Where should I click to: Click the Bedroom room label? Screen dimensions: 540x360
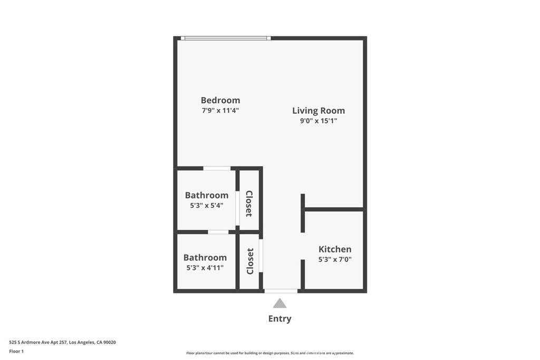click(220, 100)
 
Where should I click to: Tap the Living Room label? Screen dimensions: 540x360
click(319, 111)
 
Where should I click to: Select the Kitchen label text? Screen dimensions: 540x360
click(335, 249)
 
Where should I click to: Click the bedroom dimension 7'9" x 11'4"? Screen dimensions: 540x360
click(220, 111)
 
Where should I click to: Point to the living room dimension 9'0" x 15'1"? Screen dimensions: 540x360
click(319, 121)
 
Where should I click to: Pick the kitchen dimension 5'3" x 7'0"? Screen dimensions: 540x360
click(335, 259)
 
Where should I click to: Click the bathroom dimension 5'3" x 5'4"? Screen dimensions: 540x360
click(207, 206)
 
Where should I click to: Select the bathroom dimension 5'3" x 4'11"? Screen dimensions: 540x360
click(205, 268)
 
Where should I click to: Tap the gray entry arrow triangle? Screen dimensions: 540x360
click(279, 303)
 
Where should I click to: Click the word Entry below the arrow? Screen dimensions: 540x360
click(279, 319)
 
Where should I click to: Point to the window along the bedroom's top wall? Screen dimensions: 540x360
click(226, 38)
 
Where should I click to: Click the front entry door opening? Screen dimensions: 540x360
click(281, 291)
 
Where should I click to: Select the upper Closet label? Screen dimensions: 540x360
click(249, 204)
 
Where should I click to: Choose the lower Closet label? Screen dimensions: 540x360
click(250, 261)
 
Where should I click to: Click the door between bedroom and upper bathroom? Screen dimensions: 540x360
click(217, 168)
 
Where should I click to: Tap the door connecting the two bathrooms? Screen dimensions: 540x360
click(218, 232)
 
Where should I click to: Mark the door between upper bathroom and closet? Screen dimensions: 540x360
click(237, 208)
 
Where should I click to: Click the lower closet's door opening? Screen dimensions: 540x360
click(261, 256)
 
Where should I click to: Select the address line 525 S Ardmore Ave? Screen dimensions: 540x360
click(62, 343)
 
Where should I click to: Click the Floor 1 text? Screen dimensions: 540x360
click(16, 352)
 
